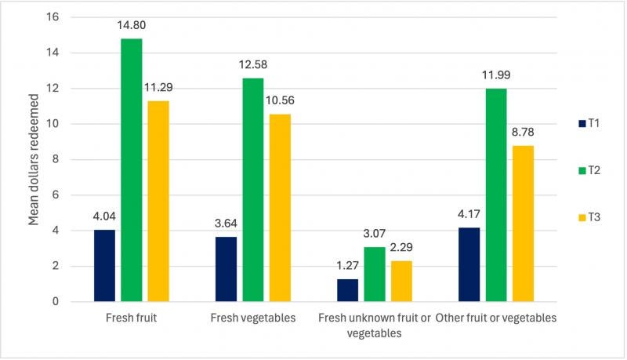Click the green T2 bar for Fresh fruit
coord(131,169)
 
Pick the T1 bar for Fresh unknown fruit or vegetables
coord(348,290)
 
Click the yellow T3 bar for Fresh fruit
coord(158,201)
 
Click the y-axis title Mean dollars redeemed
coord(34,159)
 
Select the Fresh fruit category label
coord(131,318)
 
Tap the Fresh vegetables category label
coord(253,318)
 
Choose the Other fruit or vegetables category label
coord(496,318)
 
